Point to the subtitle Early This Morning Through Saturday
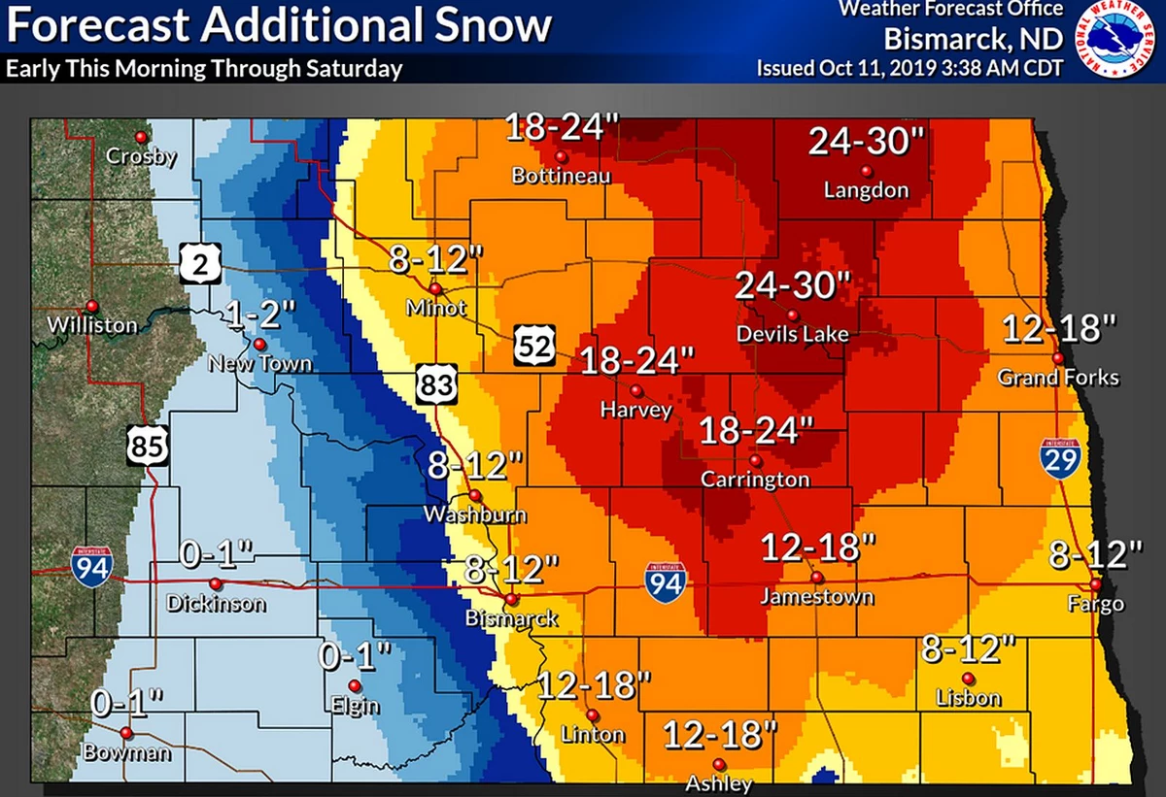(x=203, y=70)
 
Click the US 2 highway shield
(x=200, y=262)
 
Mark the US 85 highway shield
(x=149, y=448)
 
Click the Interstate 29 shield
(x=1060, y=457)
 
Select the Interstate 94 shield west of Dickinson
(x=90, y=564)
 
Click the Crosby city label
(x=141, y=156)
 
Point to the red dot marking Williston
(x=92, y=305)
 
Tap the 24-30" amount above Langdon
(x=866, y=143)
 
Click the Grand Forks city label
(x=1058, y=378)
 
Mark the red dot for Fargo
(x=1095, y=584)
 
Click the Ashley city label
(x=718, y=783)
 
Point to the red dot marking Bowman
(x=125, y=732)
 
